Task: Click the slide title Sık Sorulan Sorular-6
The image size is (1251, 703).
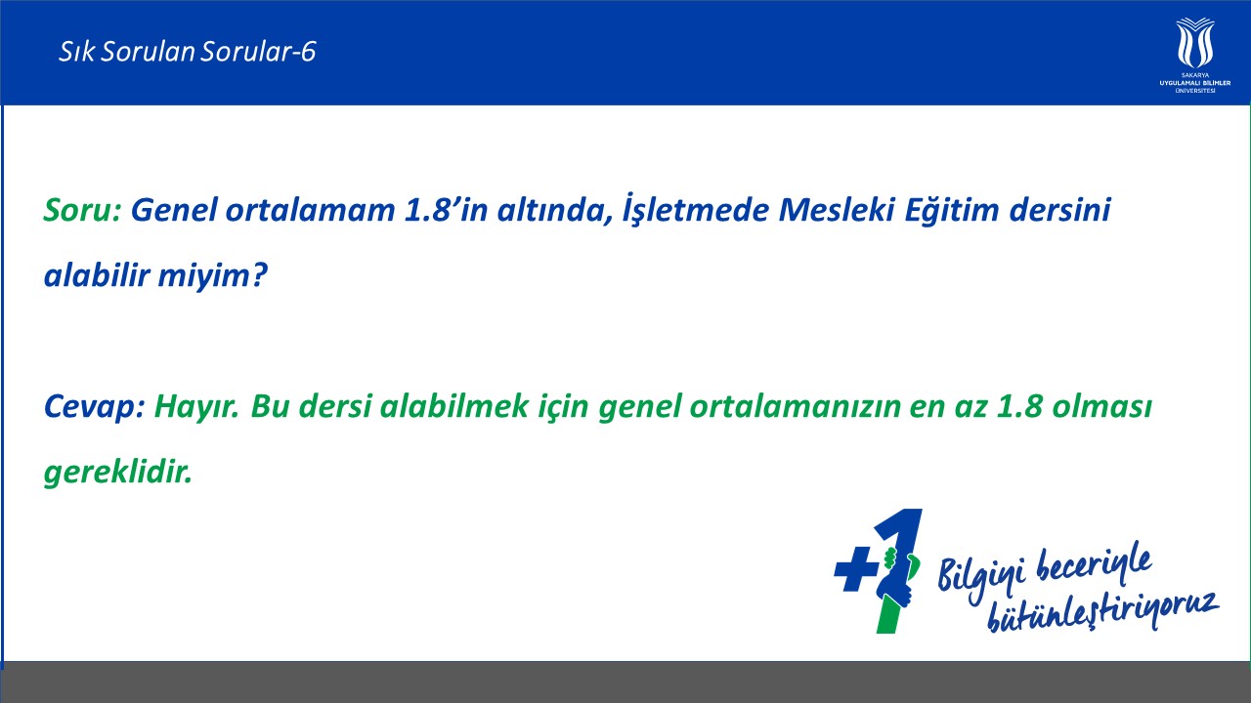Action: [188, 52]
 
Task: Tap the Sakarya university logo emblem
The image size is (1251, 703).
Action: [1194, 43]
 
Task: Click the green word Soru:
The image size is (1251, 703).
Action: [83, 210]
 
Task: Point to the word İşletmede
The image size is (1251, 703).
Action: [696, 210]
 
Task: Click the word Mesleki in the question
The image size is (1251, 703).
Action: [836, 210]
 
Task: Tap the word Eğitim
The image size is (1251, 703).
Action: [952, 210]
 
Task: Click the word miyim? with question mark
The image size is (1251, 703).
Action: [213, 276]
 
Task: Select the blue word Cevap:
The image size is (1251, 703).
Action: [95, 407]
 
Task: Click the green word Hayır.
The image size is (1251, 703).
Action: [196, 407]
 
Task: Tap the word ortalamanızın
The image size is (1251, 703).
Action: [796, 407]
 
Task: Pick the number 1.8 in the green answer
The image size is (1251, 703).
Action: [1019, 407]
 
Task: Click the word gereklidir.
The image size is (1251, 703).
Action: [118, 474]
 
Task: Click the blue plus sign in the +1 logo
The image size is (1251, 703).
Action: [855, 568]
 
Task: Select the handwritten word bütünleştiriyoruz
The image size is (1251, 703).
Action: [1102, 612]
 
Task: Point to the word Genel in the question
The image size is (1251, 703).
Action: [174, 210]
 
